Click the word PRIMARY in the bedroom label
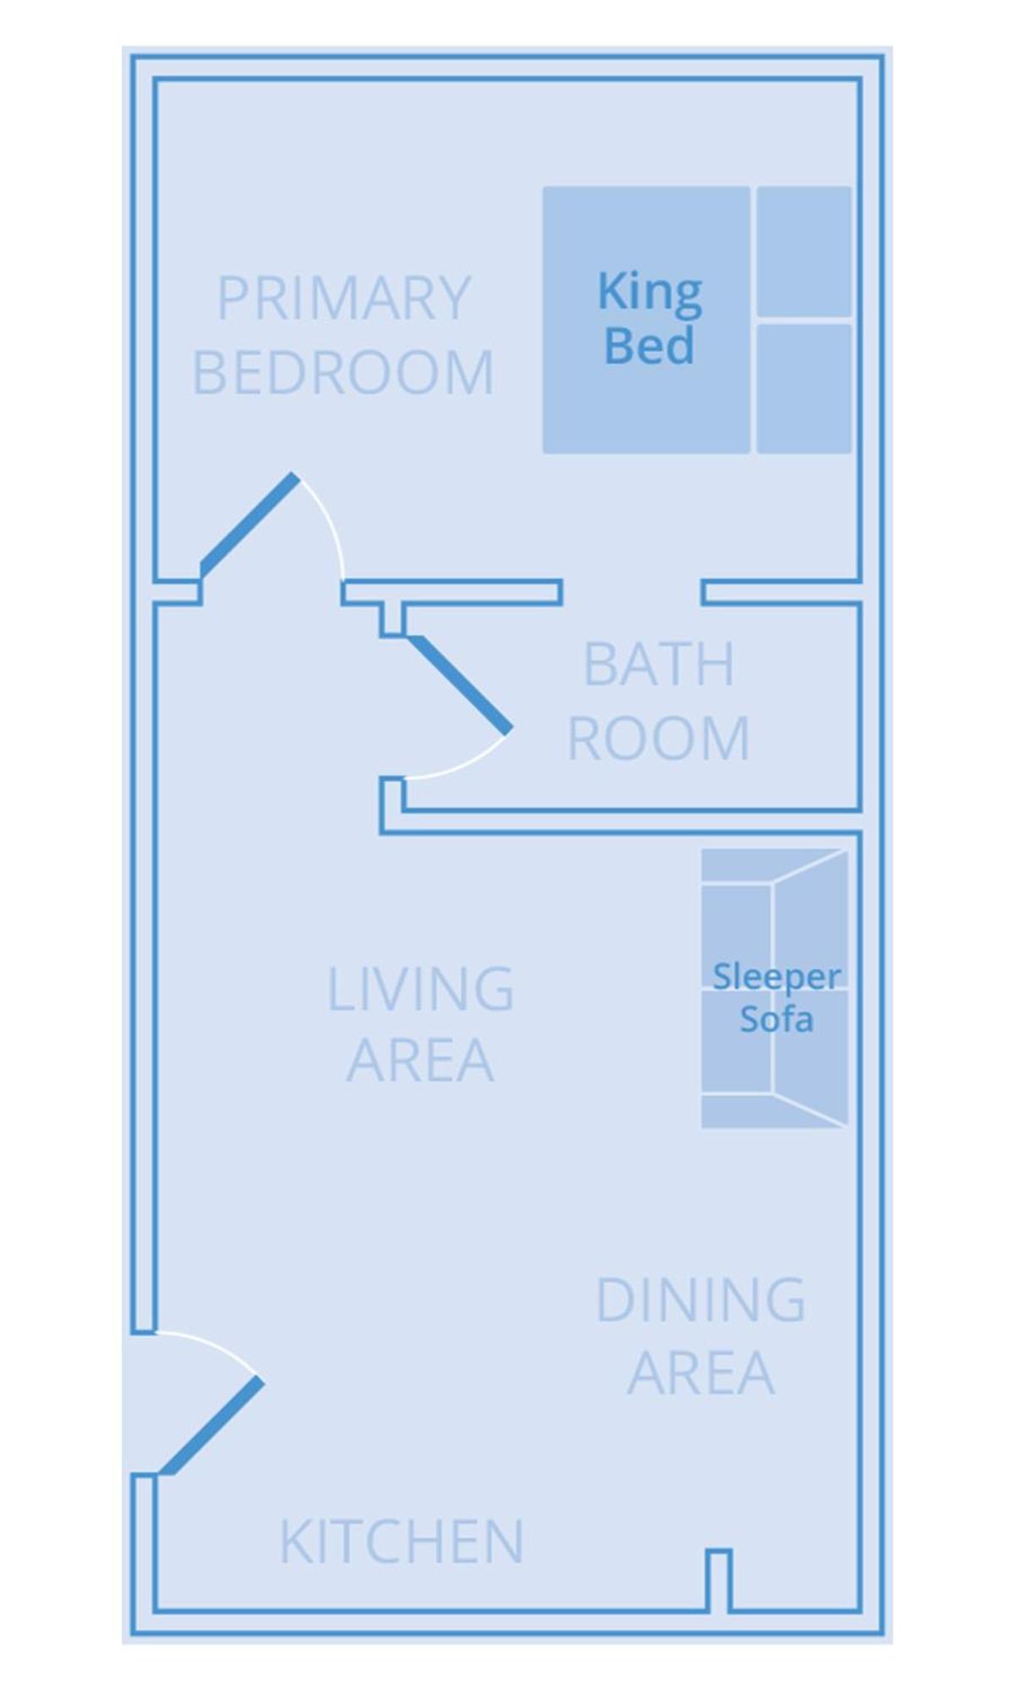(x=343, y=298)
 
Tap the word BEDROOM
(x=343, y=372)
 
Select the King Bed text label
(x=650, y=319)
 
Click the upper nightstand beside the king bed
(x=804, y=251)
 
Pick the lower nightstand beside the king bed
(x=804, y=388)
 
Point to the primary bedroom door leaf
(x=249, y=524)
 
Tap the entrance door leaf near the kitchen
(x=211, y=1426)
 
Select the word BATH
(x=659, y=665)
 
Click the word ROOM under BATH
(x=659, y=739)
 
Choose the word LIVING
(x=420, y=989)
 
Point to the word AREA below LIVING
(x=420, y=1060)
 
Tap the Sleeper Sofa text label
(x=776, y=997)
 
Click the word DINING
(x=700, y=1300)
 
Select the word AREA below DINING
(x=700, y=1373)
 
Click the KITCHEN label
(x=402, y=1541)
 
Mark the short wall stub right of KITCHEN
(x=718, y=1579)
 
